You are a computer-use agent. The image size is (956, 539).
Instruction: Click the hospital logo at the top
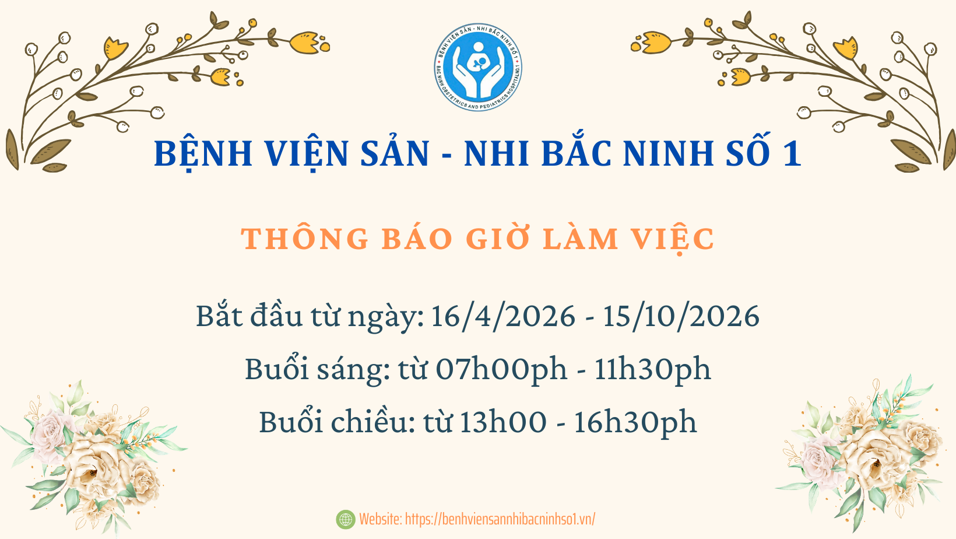(x=478, y=67)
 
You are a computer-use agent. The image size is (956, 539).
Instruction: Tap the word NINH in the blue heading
(x=670, y=153)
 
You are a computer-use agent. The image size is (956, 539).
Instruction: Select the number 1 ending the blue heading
(x=792, y=153)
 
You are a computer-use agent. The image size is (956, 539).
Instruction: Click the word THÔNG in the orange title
(x=305, y=239)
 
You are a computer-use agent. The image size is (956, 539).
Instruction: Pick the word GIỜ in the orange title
(x=500, y=239)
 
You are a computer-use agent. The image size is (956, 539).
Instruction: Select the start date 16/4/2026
(x=503, y=316)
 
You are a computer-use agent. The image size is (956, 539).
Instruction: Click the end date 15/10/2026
(x=681, y=316)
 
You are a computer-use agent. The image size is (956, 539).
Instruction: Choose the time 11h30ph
(x=652, y=369)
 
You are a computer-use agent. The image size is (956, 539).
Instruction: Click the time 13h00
(x=503, y=422)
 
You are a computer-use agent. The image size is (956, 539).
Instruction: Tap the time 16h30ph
(x=635, y=422)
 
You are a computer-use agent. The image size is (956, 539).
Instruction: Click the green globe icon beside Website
(x=346, y=519)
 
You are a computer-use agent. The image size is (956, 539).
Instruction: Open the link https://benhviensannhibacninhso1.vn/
(x=500, y=519)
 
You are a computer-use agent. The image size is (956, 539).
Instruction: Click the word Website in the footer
(x=380, y=519)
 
